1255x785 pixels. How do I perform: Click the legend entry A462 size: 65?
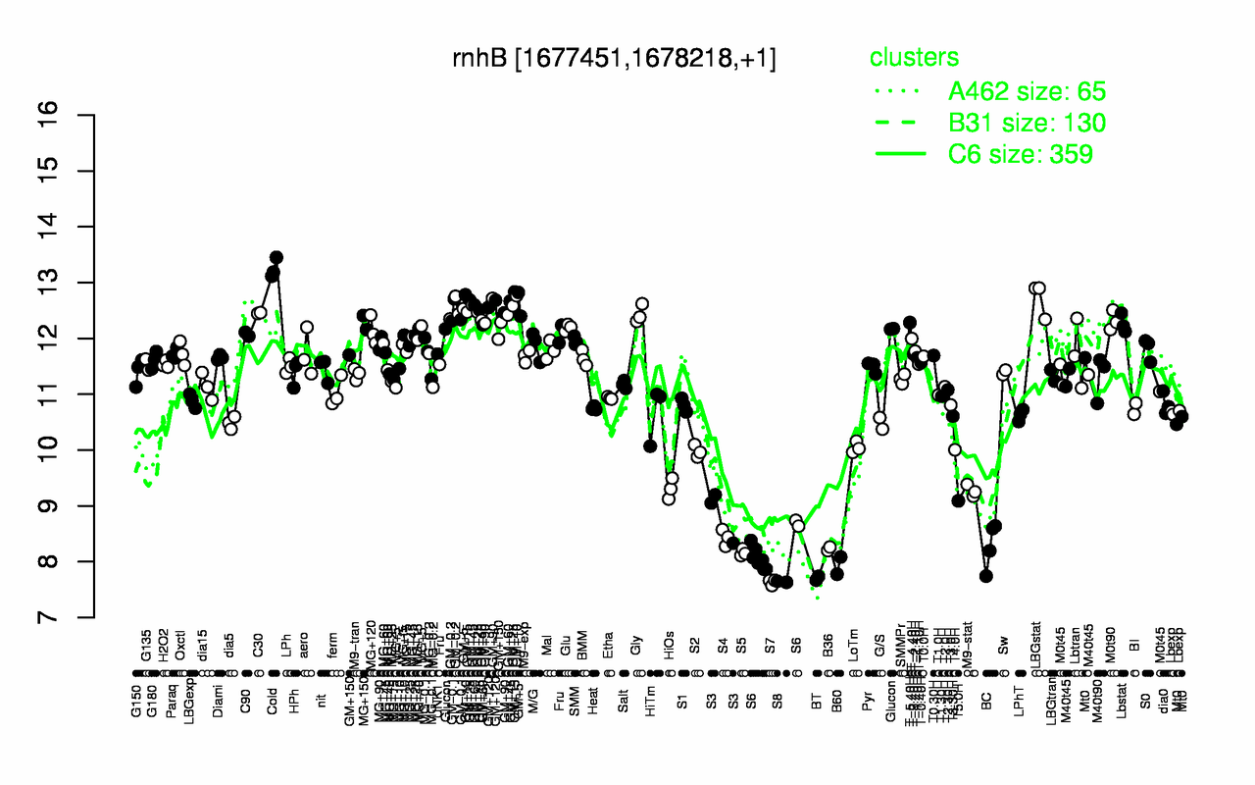(x=1027, y=92)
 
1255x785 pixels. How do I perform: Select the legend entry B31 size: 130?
(x=1027, y=123)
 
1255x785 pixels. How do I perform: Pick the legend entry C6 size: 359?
(x=1021, y=154)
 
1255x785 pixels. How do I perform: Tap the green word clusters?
(x=914, y=58)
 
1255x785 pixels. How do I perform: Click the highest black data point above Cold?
(x=276, y=258)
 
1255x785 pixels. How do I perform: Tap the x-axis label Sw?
(x=1003, y=646)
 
